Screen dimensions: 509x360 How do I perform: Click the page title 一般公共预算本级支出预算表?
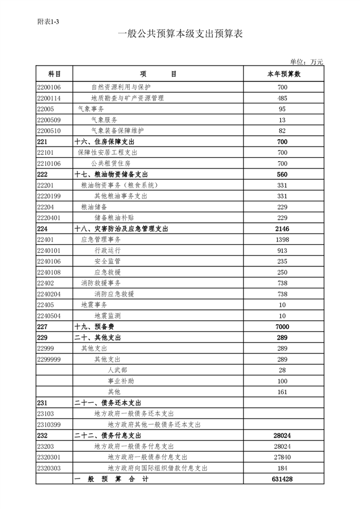[x=180, y=34]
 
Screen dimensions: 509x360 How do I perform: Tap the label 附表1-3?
[x=48, y=21]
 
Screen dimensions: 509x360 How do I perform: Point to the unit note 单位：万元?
[x=306, y=62]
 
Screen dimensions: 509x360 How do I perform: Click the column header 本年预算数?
[x=283, y=74]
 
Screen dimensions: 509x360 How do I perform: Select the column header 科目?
[x=54, y=74]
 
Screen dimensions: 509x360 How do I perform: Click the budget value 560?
[x=283, y=175]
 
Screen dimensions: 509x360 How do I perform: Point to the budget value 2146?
[x=283, y=229]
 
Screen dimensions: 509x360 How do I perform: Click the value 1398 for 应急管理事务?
[x=283, y=240]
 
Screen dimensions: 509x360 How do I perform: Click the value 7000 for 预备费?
[x=283, y=327]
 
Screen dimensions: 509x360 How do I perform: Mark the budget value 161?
[x=283, y=392]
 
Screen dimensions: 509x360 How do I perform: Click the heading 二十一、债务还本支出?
[x=108, y=403]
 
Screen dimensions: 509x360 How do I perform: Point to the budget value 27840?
[x=283, y=457]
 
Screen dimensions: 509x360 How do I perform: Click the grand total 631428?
[x=283, y=479]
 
